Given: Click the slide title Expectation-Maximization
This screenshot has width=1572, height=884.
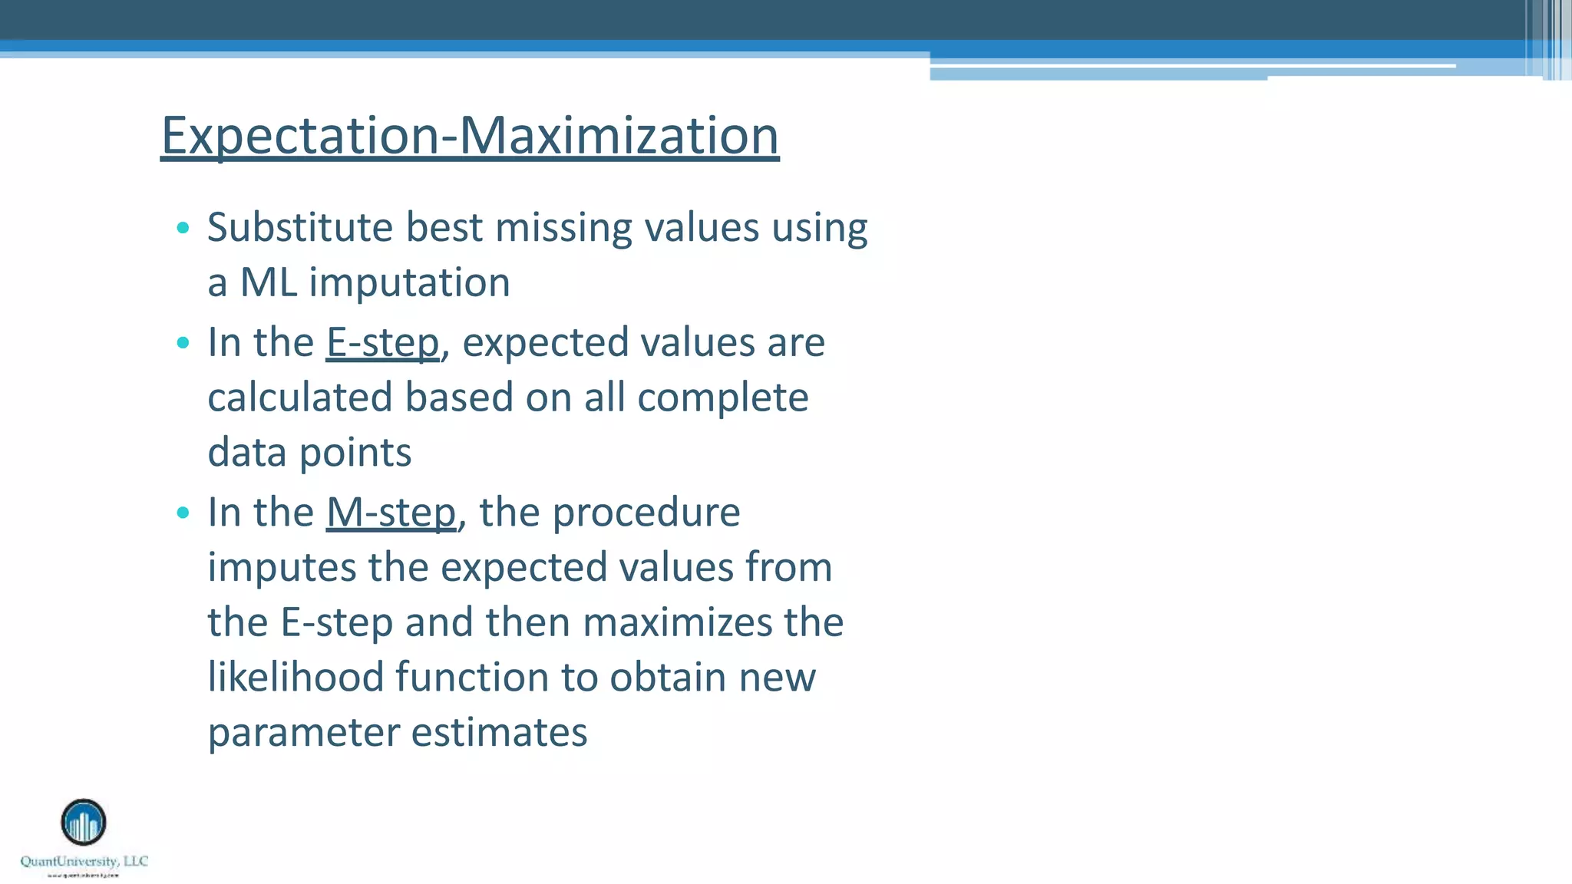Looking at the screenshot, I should [470, 135].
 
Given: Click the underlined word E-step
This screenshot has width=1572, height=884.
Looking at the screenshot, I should [382, 342].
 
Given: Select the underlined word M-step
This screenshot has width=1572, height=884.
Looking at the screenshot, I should [391, 513].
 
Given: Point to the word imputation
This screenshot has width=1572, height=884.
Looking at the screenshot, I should [409, 282].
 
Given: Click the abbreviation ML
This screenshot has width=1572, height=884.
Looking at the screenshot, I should [268, 282].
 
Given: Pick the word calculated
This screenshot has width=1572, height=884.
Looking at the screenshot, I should [299, 397].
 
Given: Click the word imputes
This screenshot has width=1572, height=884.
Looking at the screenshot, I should [282, 569].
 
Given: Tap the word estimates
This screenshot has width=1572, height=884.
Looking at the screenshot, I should [499, 733].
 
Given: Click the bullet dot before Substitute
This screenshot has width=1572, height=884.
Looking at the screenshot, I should [183, 228].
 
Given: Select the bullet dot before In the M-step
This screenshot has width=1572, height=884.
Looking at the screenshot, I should [183, 513].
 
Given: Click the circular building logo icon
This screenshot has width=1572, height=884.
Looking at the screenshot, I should [84, 823].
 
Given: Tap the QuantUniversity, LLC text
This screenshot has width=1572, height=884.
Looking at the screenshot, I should [84, 861].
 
